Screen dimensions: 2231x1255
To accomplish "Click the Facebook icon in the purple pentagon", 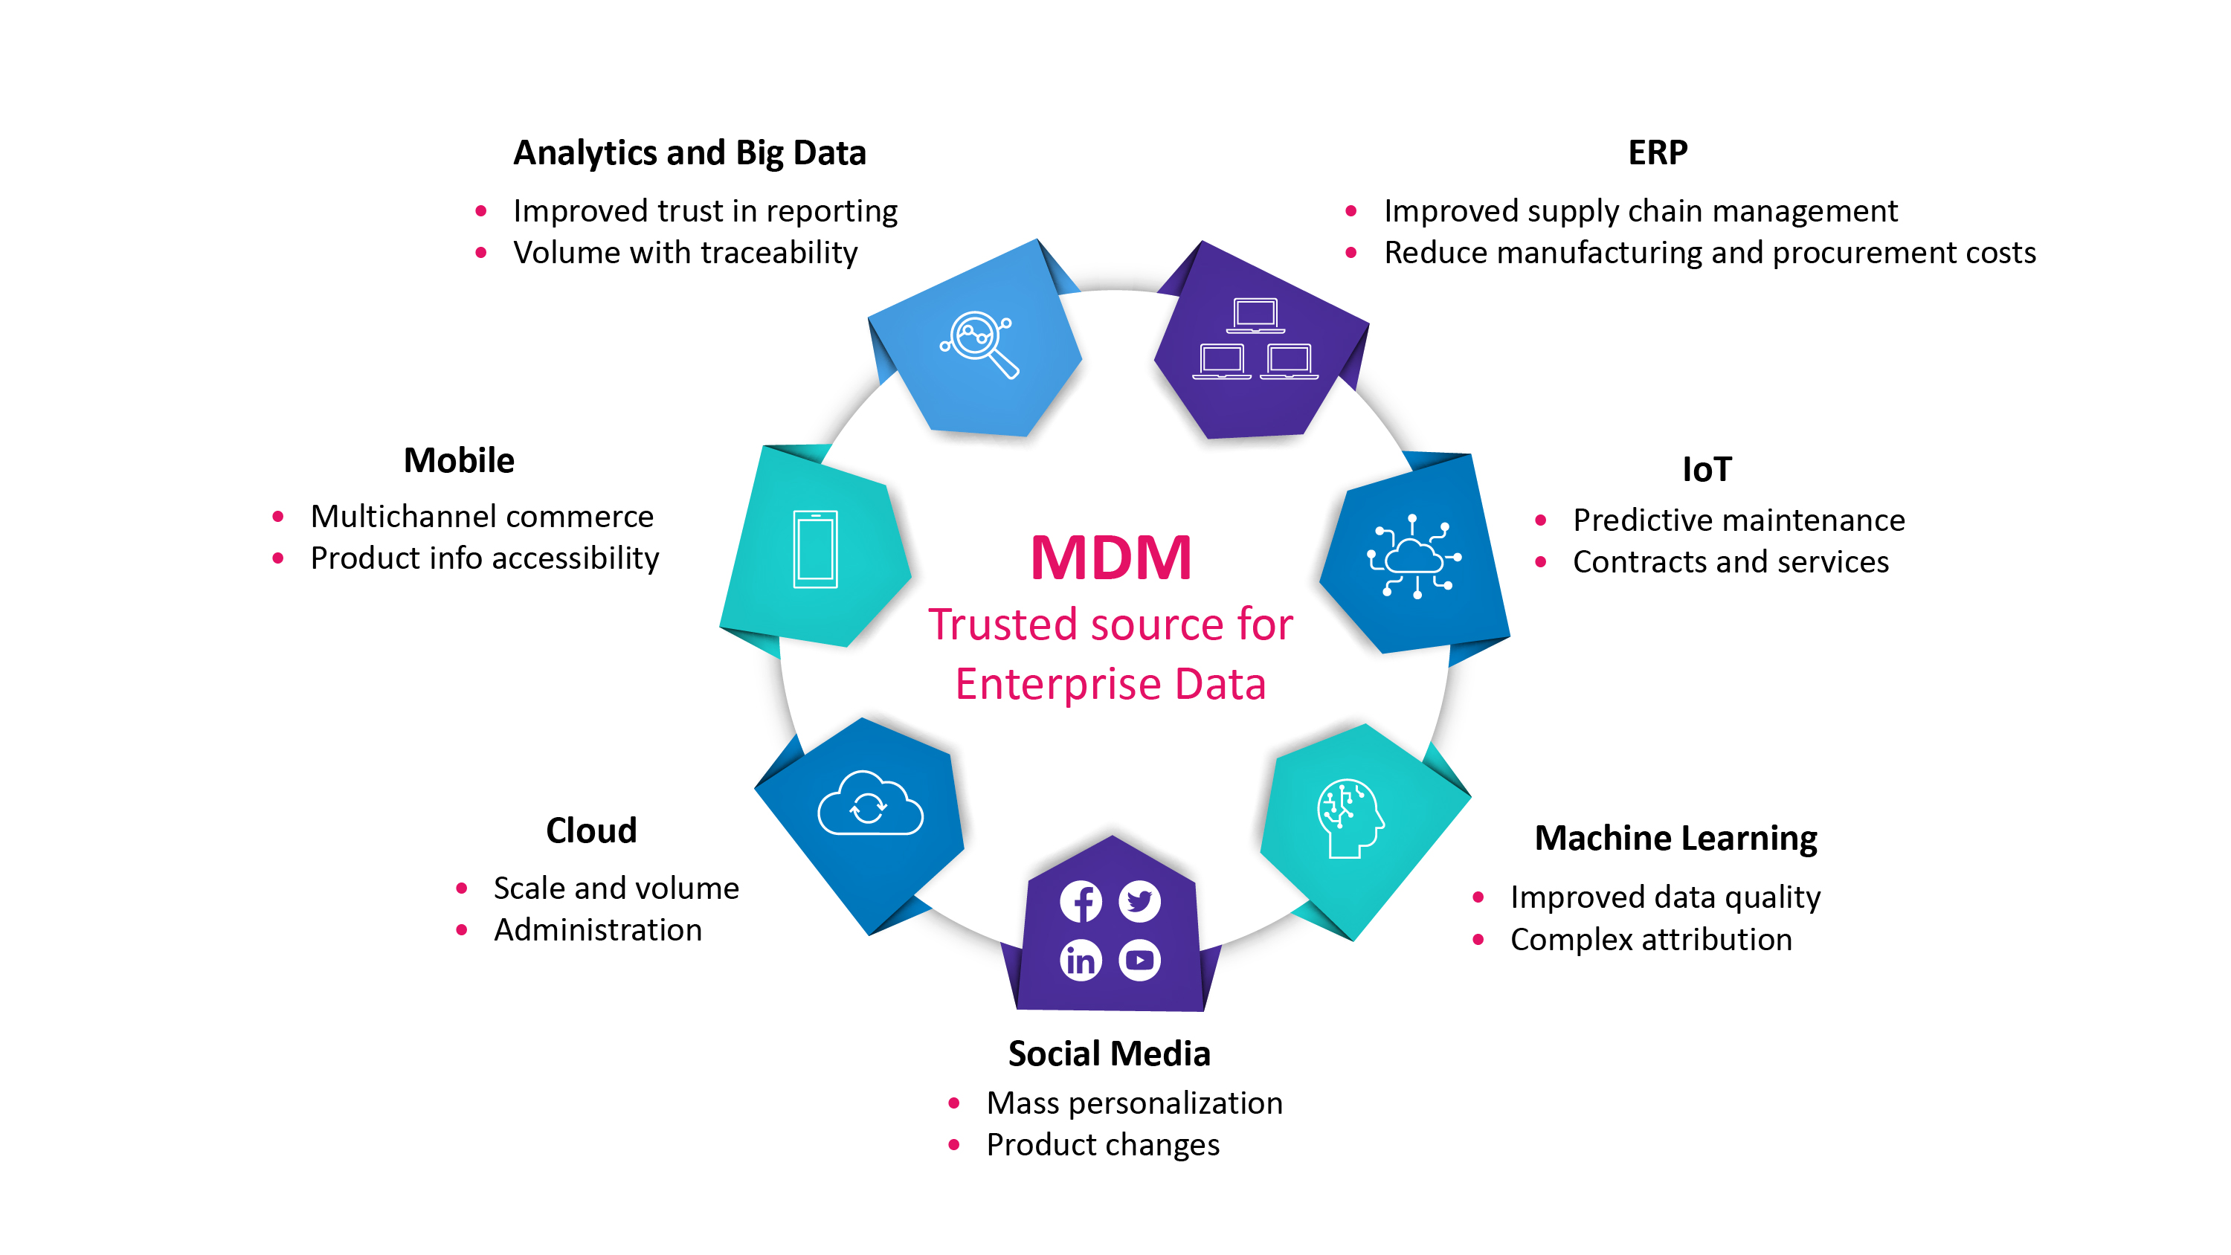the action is point(1081,902).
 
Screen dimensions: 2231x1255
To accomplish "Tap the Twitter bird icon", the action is point(1140,902).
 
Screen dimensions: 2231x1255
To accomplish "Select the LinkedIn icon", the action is point(1081,960).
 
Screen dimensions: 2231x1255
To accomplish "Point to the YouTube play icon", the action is point(1140,960).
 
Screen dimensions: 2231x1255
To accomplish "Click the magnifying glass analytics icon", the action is point(979,343).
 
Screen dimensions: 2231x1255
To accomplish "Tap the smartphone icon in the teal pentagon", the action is point(815,549).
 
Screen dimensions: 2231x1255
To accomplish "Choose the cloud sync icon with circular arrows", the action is point(870,803).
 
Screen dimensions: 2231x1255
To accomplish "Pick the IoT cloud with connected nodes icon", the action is point(1414,557).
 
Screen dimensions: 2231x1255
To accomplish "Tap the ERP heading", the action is point(1658,152).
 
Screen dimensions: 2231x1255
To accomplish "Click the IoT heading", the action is point(1706,469).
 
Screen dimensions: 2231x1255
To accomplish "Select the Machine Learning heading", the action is point(1675,839).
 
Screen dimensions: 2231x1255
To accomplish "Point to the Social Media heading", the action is point(1110,1054).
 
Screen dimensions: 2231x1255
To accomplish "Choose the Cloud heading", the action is point(591,830).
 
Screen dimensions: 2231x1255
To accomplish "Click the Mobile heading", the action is point(459,460).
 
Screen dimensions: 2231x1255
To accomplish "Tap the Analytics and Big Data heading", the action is point(689,153).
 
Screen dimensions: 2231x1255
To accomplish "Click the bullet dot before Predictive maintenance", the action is point(1541,520).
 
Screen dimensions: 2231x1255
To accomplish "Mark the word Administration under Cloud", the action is point(598,929).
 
